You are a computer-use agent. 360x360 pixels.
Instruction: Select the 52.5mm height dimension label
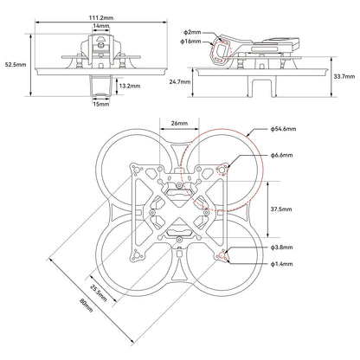point(15,63)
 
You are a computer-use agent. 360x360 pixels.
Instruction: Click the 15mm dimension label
point(102,106)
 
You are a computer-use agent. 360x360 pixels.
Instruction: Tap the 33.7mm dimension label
point(344,75)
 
